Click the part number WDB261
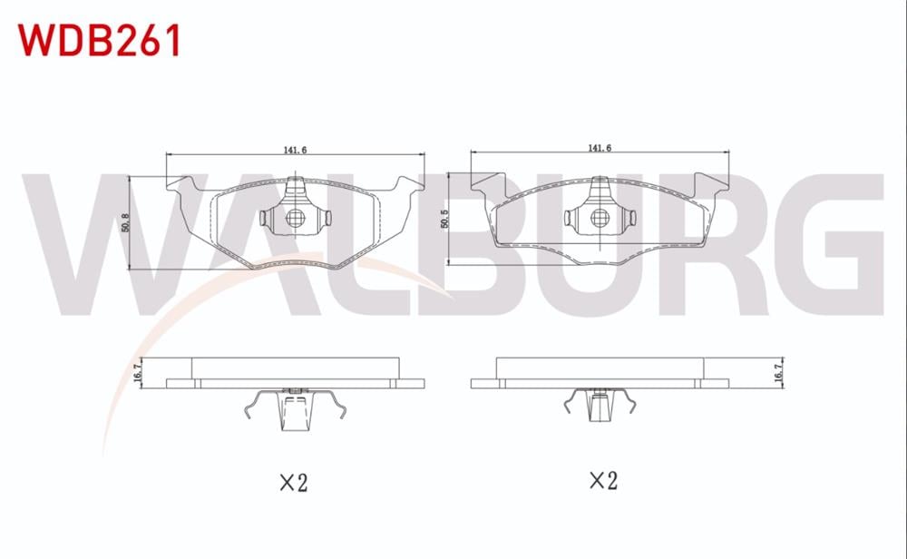coord(101,40)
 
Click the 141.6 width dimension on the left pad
coord(294,150)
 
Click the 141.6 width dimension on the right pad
coord(598,147)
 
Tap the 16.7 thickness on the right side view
coord(778,372)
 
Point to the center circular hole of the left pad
coord(294,219)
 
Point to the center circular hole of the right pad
coord(599,218)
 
